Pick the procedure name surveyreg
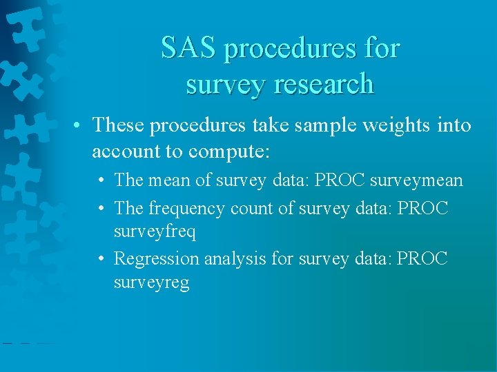pyautogui.click(x=151, y=283)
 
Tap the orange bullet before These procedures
pyautogui.click(x=81, y=126)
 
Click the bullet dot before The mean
pyautogui.click(x=101, y=180)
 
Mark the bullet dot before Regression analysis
pyautogui.click(x=101, y=259)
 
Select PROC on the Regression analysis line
pyautogui.click(x=422, y=258)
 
